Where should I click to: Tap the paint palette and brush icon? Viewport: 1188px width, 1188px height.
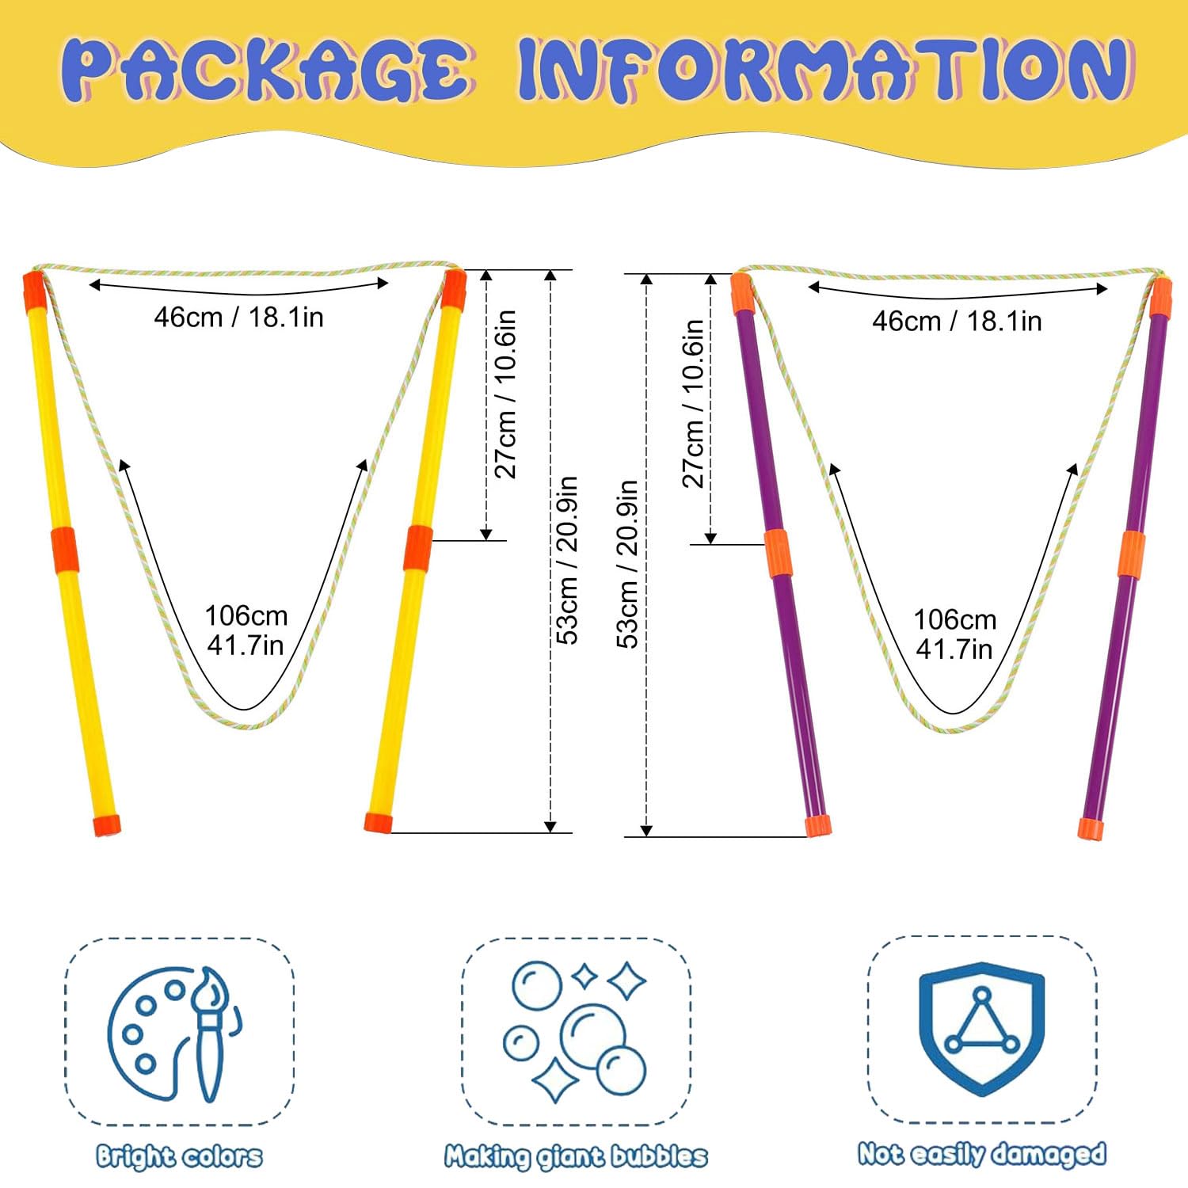coord(176,1033)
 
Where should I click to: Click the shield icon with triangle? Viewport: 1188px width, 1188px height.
coord(982,1028)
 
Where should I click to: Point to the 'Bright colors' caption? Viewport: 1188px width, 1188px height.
coord(179,1156)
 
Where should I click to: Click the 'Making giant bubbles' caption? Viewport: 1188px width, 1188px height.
coord(576,1156)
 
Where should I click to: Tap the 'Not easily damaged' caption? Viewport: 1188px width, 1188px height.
coord(982,1154)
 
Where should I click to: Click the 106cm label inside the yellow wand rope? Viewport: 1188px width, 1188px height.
coord(246,630)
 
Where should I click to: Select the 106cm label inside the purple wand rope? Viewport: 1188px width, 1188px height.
coord(954,634)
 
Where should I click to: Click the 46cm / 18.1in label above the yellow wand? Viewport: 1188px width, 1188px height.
coord(238,318)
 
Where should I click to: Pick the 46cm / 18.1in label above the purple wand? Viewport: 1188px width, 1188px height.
coord(957,322)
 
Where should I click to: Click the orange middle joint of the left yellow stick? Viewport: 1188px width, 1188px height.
coord(64,550)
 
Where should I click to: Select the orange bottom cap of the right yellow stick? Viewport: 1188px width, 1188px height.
coord(379,822)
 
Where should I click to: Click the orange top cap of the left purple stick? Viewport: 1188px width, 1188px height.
coord(742,293)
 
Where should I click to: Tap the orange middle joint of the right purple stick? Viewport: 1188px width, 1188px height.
coord(1132,554)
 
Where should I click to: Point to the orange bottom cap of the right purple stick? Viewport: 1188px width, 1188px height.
coord(1091,829)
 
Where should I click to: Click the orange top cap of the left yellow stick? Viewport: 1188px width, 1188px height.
coord(34,291)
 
